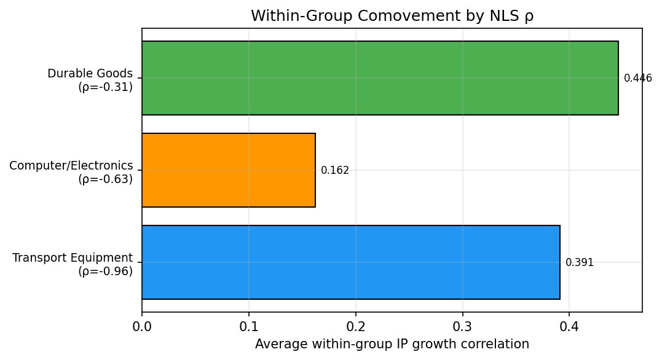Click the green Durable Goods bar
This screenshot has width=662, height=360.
coord(380,78)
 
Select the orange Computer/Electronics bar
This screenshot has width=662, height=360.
coord(229,170)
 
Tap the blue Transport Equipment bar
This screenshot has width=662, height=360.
coord(351,262)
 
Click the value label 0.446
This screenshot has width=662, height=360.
coord(637,78)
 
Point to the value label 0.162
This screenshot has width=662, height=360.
coord(335,170)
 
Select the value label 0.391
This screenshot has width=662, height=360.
coord(579,262)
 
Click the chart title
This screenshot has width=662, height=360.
coord(392,17)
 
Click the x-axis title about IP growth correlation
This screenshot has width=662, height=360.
coord(392,344)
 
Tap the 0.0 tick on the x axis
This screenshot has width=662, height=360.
coord(142,326)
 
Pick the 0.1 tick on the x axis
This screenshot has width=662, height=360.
coord(249,326)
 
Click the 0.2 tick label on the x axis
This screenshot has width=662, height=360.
coord(356,326)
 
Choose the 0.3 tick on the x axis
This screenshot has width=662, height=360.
coord(462,326)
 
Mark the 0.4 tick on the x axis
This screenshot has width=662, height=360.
coord(569,326)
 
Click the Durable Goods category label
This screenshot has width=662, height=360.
coord(90,74)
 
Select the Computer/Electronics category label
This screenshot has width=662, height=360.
coord(71,166)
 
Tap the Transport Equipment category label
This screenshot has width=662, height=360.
coord(73,258)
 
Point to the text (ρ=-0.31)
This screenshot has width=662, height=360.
coord(105,87)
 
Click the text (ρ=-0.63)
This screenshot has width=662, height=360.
coord(105,179)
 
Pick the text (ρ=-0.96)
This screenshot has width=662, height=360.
coord(105,272)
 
